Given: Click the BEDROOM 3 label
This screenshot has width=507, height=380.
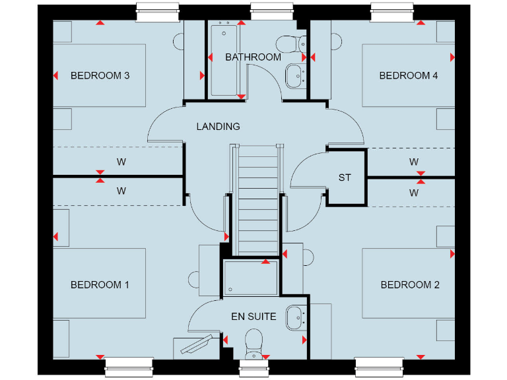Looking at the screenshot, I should pyautogui.click(x=100, y=76).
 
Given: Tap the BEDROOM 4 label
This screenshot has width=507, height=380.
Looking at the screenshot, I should pyautogui.click(x=409, y=76).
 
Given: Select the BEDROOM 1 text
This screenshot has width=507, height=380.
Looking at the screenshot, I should pyautogui.click(x=100, y=285).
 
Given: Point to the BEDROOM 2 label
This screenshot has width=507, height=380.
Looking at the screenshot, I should pyautogui.click(x=410, y=285).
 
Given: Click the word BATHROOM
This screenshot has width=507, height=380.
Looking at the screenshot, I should pyautogui.click(x=253, y=57).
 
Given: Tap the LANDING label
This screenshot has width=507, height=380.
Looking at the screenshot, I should pyautogui.click(x=218, y=126).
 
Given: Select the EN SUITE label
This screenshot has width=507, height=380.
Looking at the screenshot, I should pyautogui.click(x=253, y=317).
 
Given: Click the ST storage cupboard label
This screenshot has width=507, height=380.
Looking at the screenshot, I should pyautogui.click(x=345, y=177).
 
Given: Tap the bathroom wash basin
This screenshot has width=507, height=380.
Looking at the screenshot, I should pyautogui.click(x=294, y=76).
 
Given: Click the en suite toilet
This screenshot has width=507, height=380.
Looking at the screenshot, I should pyautogui.click(x=253, y=343).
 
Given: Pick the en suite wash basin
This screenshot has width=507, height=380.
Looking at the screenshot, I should pyautogui.click(x=294, y=317).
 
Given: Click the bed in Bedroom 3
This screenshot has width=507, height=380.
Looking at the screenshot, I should pyautogui.click(x=99, y=75).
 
